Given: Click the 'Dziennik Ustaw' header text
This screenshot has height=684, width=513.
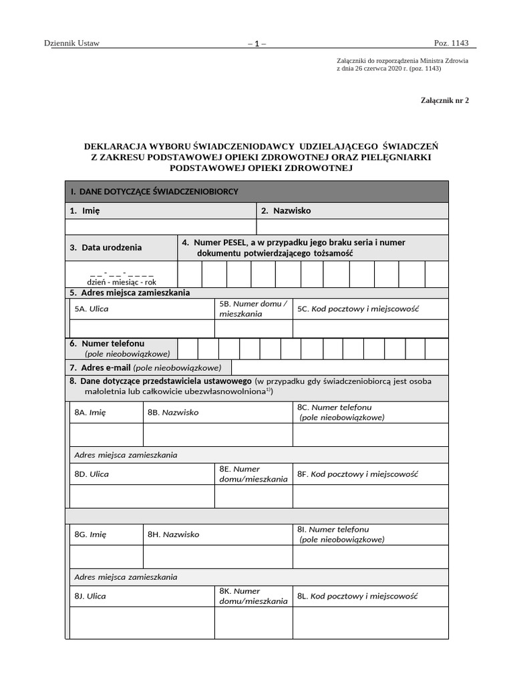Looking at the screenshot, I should pos(71,43).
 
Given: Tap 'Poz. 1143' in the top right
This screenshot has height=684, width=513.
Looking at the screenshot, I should pos(452,43).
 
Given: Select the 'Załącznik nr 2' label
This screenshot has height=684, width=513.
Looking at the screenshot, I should pos(445,100).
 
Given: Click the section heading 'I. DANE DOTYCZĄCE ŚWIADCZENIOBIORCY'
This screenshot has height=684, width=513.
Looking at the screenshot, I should pos(155,192).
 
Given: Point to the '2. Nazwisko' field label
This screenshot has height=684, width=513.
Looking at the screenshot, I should pos(286,210).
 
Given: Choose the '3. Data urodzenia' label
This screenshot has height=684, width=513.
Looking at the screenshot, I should pos(106,247).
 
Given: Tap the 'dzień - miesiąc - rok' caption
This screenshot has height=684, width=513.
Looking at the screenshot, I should pos(122,283).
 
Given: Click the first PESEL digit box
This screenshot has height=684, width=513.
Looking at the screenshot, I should pos(190,274).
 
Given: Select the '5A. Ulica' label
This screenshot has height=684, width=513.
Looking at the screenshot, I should pos(92,309).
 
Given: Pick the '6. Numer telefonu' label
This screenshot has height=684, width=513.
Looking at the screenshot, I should pos(107,343).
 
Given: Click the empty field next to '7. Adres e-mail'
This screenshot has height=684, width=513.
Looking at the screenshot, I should pos(339,367).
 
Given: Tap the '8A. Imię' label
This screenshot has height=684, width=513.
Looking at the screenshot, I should pos(90,412).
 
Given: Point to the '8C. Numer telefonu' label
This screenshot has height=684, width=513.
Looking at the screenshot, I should pos(335,407).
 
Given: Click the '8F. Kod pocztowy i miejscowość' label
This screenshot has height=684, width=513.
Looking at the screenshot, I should pos(358,474).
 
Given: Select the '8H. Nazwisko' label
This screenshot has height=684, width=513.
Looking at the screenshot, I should pos(173,534).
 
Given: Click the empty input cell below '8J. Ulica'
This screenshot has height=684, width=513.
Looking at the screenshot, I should pos(142,623).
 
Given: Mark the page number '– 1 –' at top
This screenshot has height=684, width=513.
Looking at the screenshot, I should pos(256,44).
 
